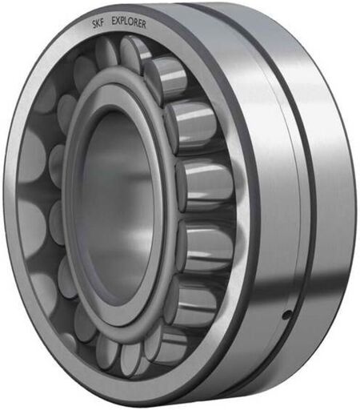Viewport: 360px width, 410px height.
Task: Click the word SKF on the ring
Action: [x=98, y=23]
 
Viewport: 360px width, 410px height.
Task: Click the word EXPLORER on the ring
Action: [x=129, y=22]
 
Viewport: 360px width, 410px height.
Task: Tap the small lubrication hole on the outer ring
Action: [x=286, y=316]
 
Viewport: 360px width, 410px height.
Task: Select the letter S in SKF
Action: [x=94, y=24]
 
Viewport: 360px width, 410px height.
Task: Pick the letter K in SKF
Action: [x=98, y=23]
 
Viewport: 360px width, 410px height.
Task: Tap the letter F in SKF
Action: [x=102, y=23]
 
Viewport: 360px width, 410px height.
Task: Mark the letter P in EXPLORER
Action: [x=123, y=21]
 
